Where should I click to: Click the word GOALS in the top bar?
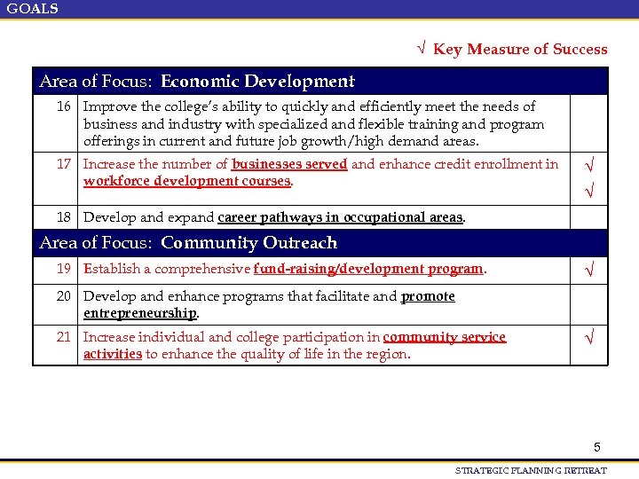point(33,9)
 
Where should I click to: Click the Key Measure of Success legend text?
point(520,50)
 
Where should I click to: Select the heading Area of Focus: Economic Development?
point(197,82)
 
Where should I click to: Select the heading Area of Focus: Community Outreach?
point(188,243)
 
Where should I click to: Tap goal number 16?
point(64,106)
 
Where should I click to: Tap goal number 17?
point(64,164)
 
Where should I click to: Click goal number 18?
point(64,217)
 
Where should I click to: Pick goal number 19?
point(64,269)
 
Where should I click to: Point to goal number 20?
point(64,296)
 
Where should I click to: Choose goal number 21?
point(64,337)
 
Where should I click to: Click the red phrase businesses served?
point(289,164)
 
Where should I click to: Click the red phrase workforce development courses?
point(187,181)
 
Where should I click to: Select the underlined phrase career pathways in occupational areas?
point(340,217)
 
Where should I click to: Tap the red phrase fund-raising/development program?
point(368,269)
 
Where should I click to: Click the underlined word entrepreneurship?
point(140,313)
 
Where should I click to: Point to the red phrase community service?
point(444,337)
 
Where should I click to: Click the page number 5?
point(597,448)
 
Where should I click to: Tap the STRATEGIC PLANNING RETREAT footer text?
point(531,471)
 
